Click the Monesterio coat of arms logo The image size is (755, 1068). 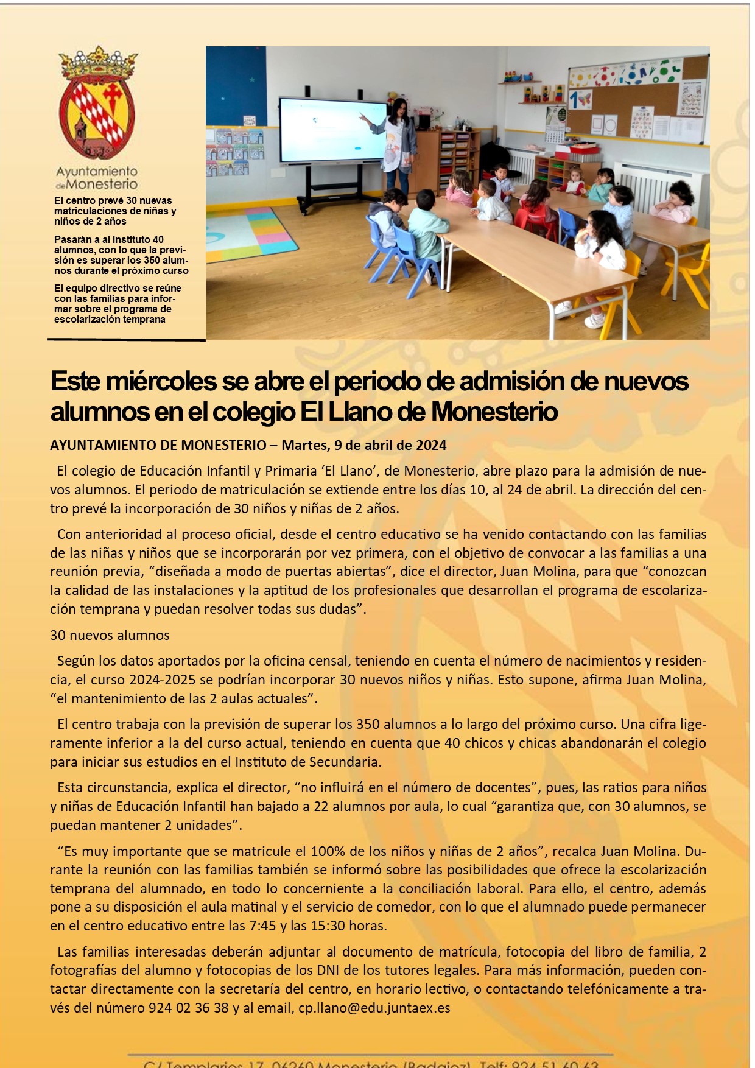tap(97, 104)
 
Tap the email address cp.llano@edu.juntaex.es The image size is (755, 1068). tap(374, 1008)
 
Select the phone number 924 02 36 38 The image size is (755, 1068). tap(188, 1008)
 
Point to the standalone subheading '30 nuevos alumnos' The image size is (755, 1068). tap(110, 635)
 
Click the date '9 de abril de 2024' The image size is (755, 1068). tap(390, 445)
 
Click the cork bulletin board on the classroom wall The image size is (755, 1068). tap(639, 97)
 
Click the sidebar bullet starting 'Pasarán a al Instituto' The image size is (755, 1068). tap(121, 255)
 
